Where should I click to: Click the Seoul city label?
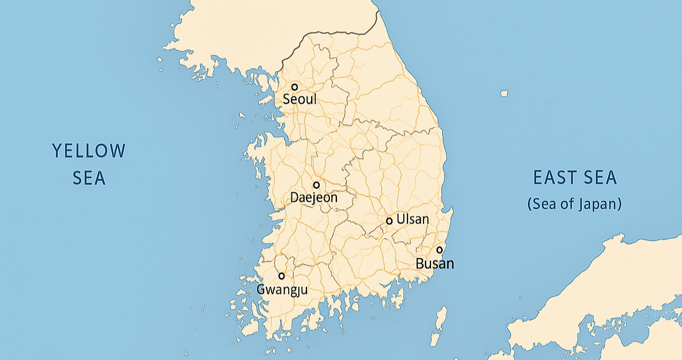click(299, 99)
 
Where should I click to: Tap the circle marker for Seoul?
click(294, 87)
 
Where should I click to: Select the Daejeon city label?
click(314, 198)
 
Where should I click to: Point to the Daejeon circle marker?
click(316, 185)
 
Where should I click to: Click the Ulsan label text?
click(412, 219)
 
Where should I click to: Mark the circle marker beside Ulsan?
click(389, 220)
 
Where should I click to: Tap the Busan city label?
click(435, 263)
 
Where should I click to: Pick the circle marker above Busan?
click(440, 250)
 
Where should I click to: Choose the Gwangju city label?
click(282, 290)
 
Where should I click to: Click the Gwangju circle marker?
click(281, 276)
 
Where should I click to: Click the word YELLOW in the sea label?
click(89, 151)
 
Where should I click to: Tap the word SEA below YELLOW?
click(89, 178)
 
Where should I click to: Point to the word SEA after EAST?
click(599, 177)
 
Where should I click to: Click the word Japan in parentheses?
click(597, 204)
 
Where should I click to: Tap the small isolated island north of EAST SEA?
click(504, 94)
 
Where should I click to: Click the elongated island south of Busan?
click(439, 325)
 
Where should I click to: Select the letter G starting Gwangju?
click(261, 290)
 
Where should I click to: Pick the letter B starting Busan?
click(420, 263)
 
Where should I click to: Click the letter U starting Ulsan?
click(401, 219)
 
